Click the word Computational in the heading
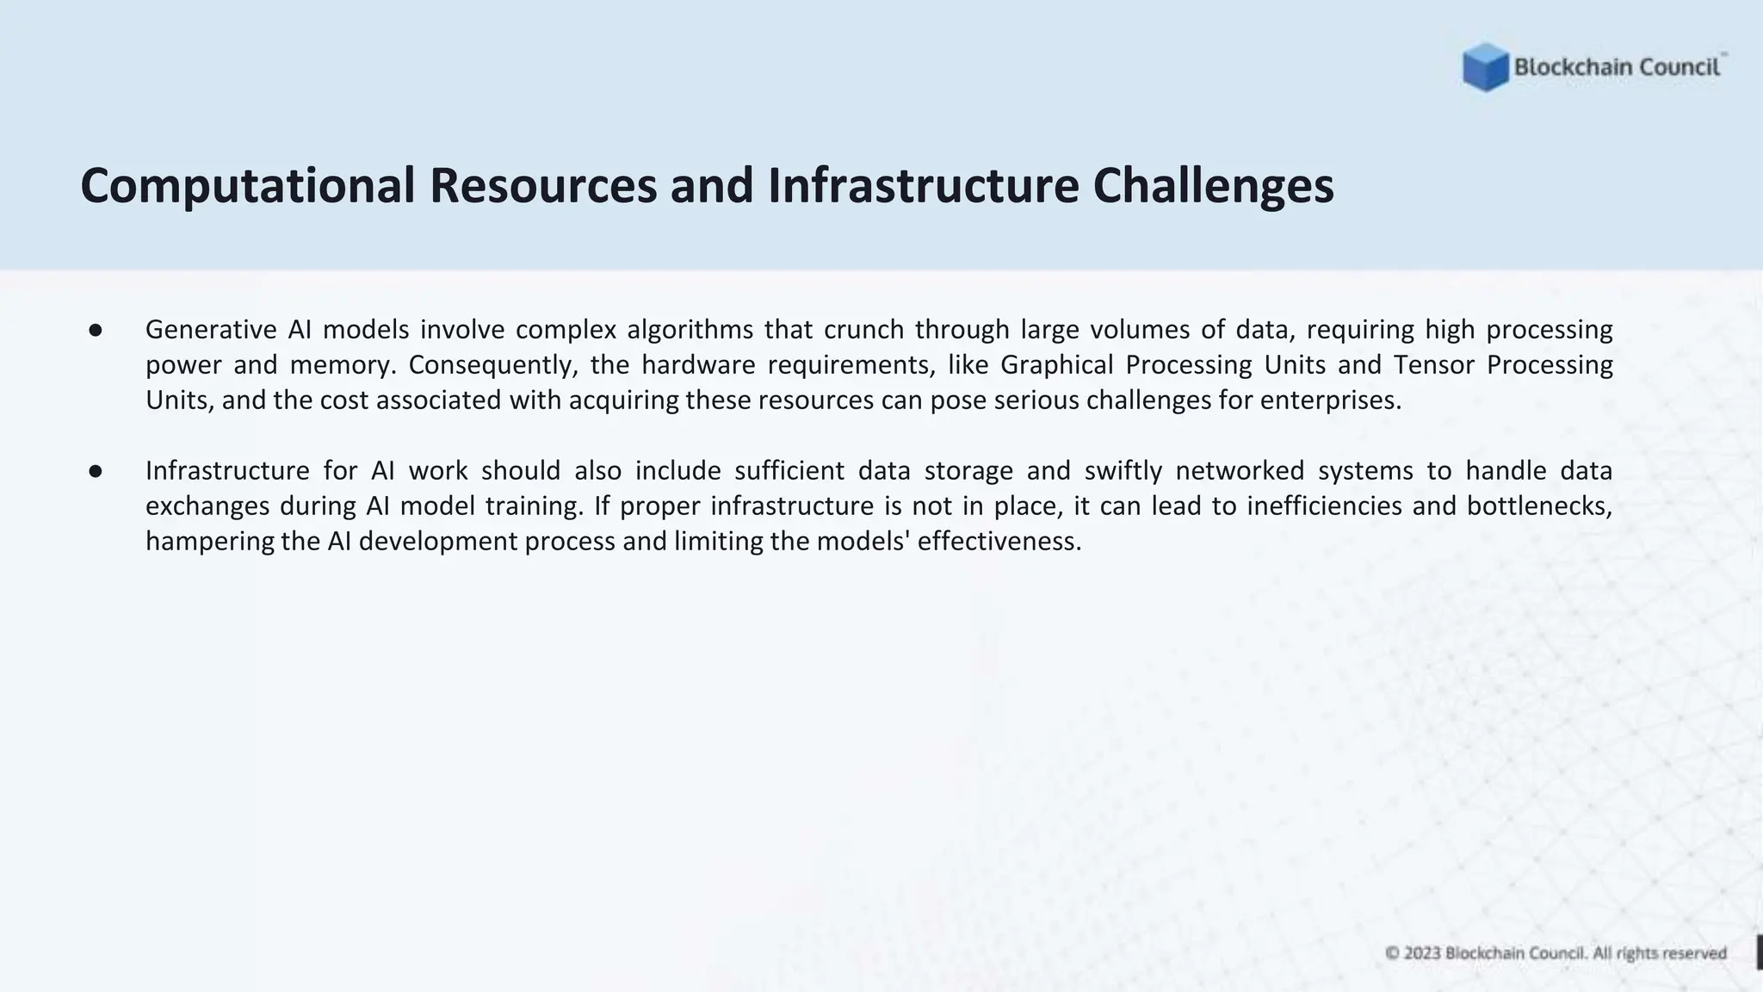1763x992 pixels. (x=248, y=186)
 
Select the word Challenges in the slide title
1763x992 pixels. (x=1213, y=186)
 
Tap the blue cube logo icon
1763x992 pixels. (x=1485, y=67)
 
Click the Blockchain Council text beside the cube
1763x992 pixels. (x=1617, y=67)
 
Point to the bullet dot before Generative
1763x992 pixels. (x=96, y=330)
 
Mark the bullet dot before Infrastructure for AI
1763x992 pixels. (x=96, y=471)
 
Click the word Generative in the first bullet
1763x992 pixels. (x=211, y=330)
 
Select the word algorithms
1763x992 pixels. (x=690, y=330)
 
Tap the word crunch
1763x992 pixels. (x=863, y=330)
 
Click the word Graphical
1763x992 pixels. (x=1056, y=365)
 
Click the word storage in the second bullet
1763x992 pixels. (x=966, y=471)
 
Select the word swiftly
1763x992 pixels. (x=1123, y=471)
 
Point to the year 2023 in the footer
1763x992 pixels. (x=1422, y=953)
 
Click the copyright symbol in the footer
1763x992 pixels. (x=1392, y=953)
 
